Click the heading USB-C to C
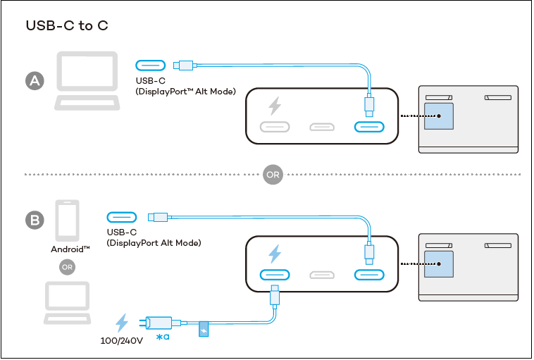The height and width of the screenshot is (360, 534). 67,26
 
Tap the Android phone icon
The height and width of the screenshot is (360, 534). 68,221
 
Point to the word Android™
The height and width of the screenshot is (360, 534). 70,249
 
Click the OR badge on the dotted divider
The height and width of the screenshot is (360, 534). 273,174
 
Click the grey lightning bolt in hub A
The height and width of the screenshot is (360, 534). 275,106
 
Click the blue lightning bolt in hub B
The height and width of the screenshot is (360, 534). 275,253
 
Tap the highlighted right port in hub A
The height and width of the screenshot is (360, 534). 368,128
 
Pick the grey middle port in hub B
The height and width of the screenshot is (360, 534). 322,274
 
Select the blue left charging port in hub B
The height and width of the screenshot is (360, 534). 275,274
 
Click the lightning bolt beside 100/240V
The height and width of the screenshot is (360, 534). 122,323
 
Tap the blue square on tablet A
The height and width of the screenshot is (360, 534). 438,116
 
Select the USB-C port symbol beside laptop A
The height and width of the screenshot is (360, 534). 150,66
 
